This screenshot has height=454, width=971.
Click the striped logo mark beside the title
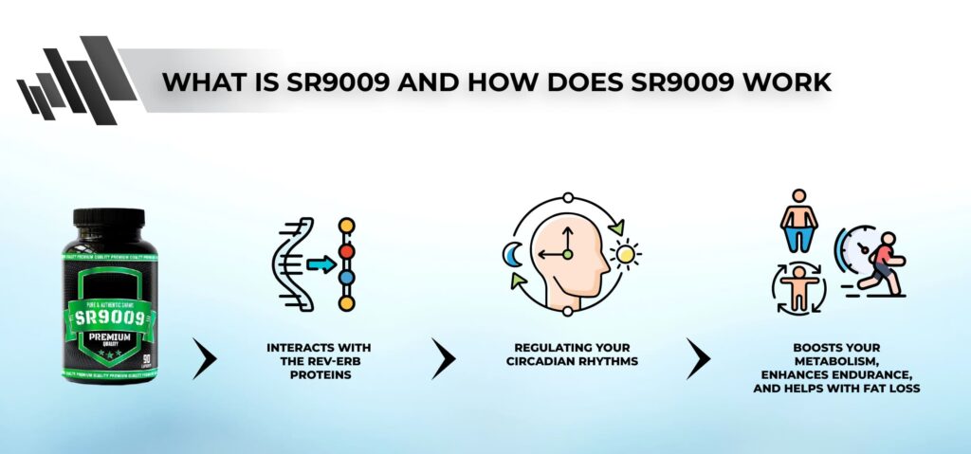66,83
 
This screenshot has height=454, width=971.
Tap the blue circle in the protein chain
347,279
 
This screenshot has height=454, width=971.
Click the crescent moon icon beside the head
511,253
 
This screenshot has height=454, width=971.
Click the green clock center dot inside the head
567,254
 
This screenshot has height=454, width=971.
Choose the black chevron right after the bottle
206,358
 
